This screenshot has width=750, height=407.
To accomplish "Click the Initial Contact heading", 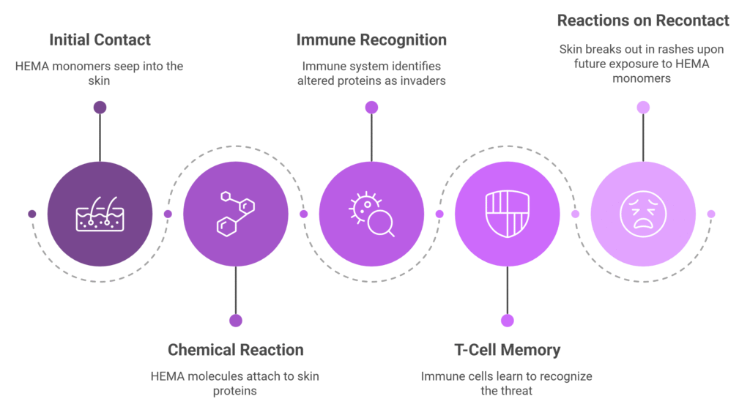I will coord(100,40).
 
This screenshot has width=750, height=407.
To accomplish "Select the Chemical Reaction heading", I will coord(235,350).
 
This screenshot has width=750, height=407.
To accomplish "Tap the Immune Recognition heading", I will coord(371,40).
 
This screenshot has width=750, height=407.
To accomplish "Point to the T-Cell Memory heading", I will coord(507,350).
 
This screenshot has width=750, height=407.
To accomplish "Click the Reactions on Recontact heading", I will coord(643,20).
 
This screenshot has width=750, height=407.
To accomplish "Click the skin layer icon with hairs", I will coord(100,214).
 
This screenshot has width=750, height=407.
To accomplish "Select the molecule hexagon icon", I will coord(235,214).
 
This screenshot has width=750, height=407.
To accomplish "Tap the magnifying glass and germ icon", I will coord(371,214).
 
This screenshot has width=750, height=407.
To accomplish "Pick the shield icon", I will coord(507,214).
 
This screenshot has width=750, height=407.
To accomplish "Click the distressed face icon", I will coord(643,214).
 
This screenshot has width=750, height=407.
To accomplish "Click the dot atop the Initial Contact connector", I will coord(100,108).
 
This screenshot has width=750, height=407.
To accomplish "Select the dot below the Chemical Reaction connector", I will coord(235,321).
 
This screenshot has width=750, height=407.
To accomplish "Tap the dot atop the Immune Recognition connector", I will coord(371,108).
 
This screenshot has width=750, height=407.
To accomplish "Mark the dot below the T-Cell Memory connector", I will coord(507,321).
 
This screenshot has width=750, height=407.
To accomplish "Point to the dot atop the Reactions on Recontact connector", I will coord(643,108).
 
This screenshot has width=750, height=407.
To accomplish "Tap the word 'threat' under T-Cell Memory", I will coord(516,391).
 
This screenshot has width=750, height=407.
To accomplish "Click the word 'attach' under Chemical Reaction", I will coord(252,376).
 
